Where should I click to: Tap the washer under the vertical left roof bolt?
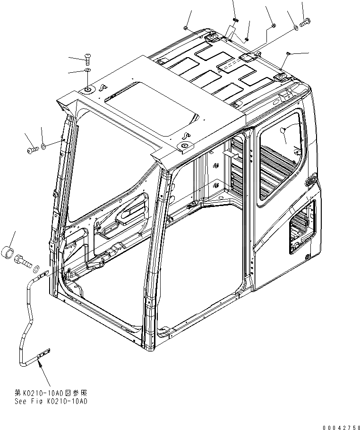click(87, 71)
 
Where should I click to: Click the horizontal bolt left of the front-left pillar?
click(31, 149)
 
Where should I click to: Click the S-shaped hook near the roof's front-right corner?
click(186, 137)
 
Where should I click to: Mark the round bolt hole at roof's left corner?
click(88, 89)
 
